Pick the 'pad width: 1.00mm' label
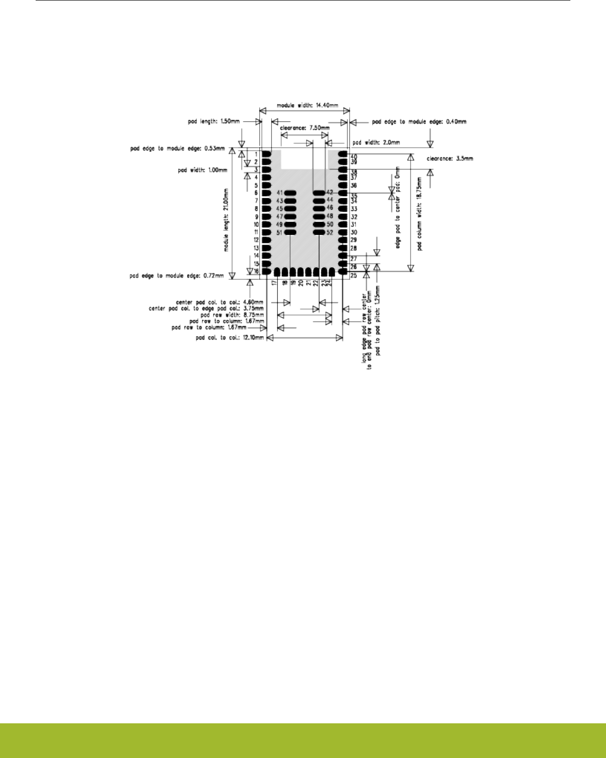[202, 170]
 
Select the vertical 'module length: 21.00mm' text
[227, 220]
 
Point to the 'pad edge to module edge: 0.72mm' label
[177, 275]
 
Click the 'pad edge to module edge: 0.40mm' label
[419, 121]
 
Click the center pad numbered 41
[291, 193]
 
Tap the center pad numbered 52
[318, 232]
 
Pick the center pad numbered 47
[291, 217]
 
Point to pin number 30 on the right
[353, 232]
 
